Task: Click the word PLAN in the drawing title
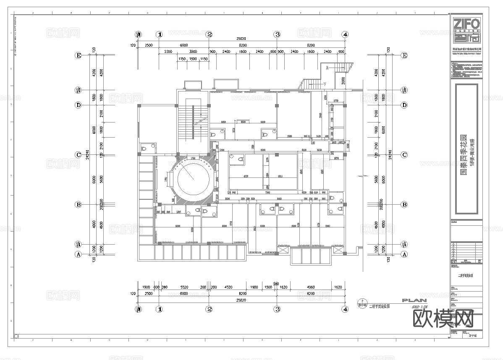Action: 414,300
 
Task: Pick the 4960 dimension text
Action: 311,287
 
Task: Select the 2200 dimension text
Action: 168,52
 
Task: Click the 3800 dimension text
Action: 193,52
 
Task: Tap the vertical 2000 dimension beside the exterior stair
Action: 343,81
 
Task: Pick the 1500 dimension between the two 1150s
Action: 193,59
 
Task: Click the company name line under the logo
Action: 466,49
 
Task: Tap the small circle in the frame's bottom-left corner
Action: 16,336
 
